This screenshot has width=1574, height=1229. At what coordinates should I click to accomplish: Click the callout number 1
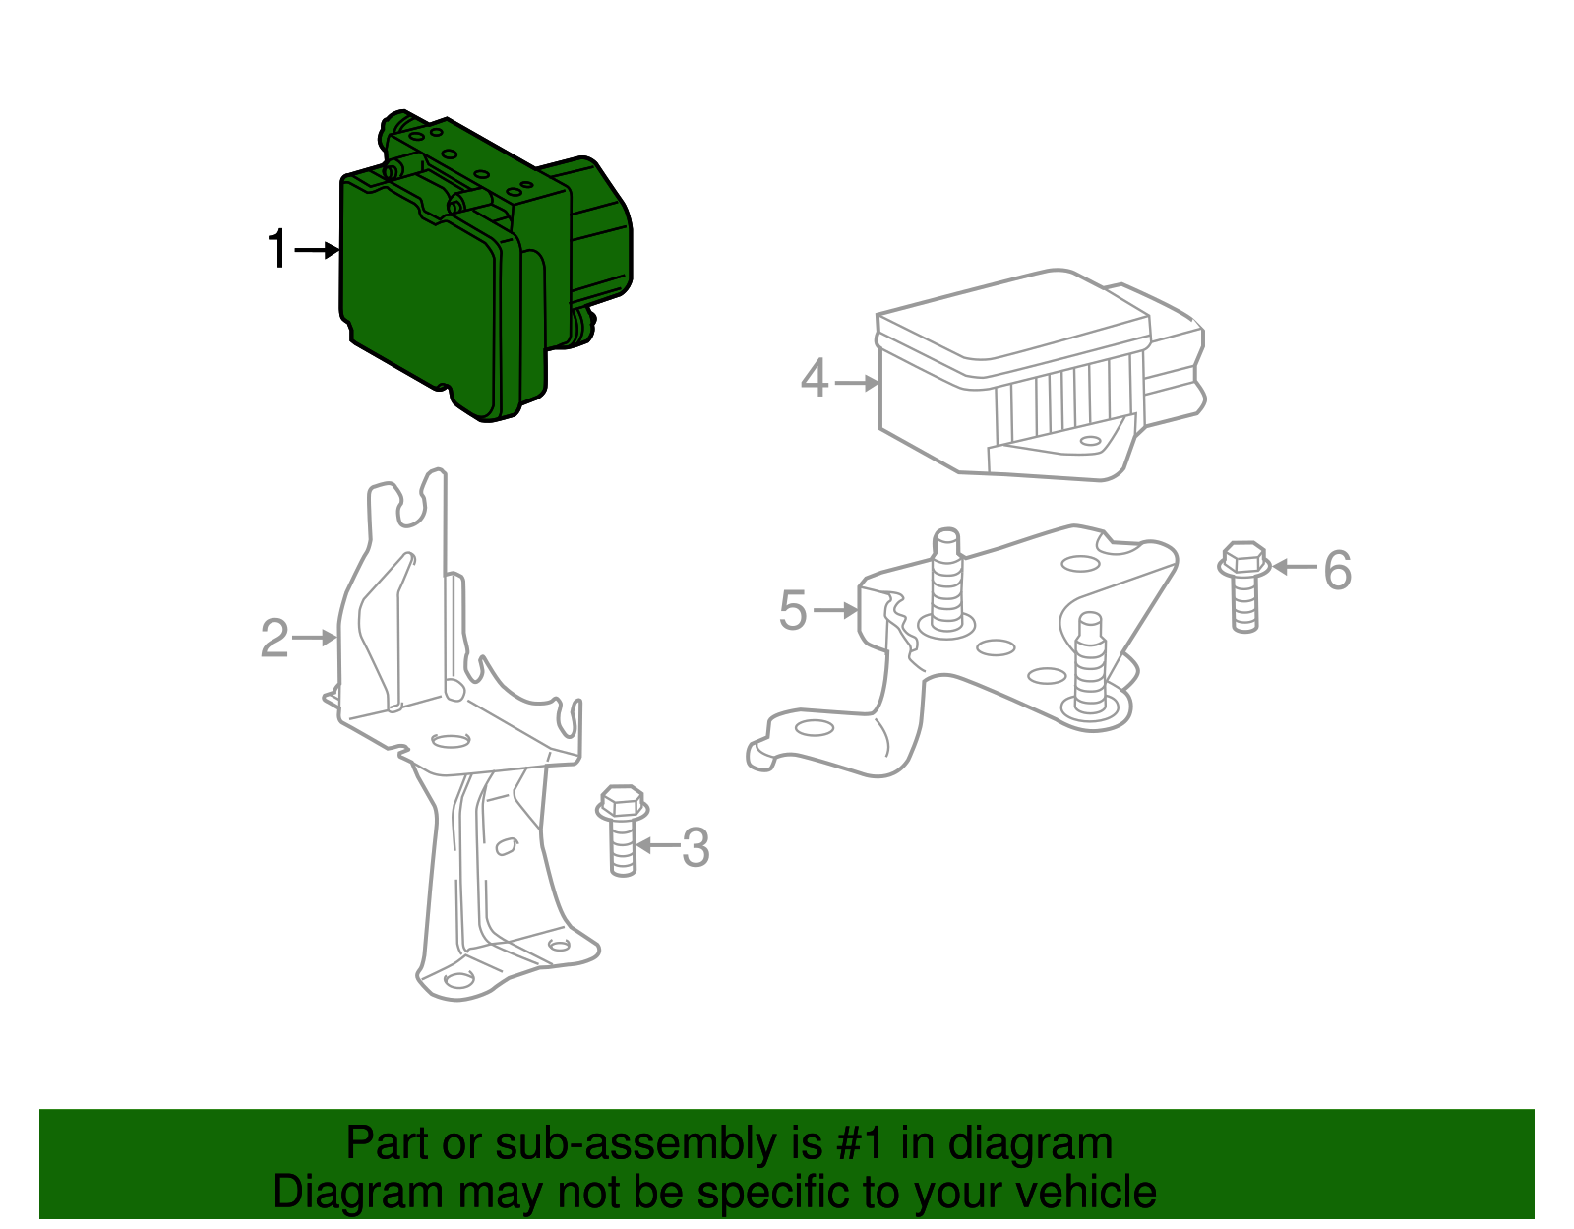(x=278, y=250)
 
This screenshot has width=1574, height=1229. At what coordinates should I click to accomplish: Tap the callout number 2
(x=274, y=639)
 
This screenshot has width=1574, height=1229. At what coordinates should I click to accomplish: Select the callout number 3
(x=696, y=847)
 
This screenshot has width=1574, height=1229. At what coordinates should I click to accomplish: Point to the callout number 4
(x=815, y=380)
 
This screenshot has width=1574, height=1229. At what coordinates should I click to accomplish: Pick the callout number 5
(x=793, y=611)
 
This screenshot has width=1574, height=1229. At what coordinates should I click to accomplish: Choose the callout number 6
(x=1337, y=570)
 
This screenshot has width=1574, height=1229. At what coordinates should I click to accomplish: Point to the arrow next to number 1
(x=316, y=250)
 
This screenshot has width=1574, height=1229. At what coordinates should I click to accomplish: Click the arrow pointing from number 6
(x=1294, y=567)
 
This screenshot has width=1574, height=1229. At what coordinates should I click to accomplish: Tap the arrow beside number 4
(x=856, y=382)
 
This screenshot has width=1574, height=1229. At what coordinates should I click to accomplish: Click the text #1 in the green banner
(x=863, y=1144)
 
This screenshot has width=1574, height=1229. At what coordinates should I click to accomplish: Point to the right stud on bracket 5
(x=1091, y=664)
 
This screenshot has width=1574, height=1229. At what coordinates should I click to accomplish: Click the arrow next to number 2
(x=315, y=639)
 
